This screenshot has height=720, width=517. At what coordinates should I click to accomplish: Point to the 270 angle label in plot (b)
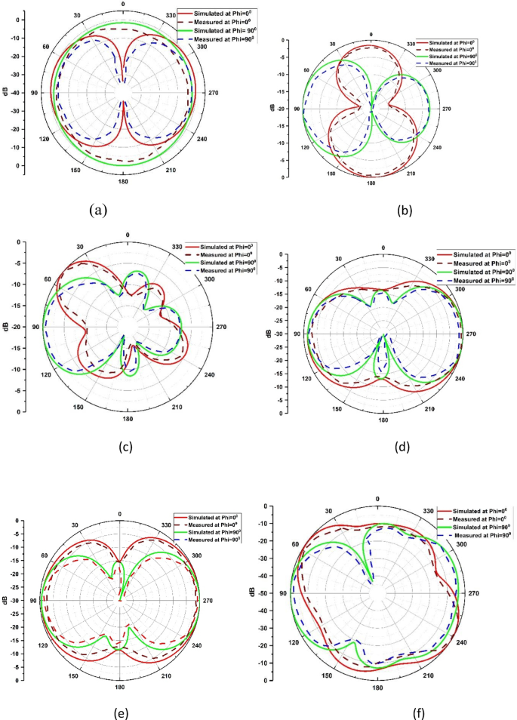pyautogui.click(x=446, y=109)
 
